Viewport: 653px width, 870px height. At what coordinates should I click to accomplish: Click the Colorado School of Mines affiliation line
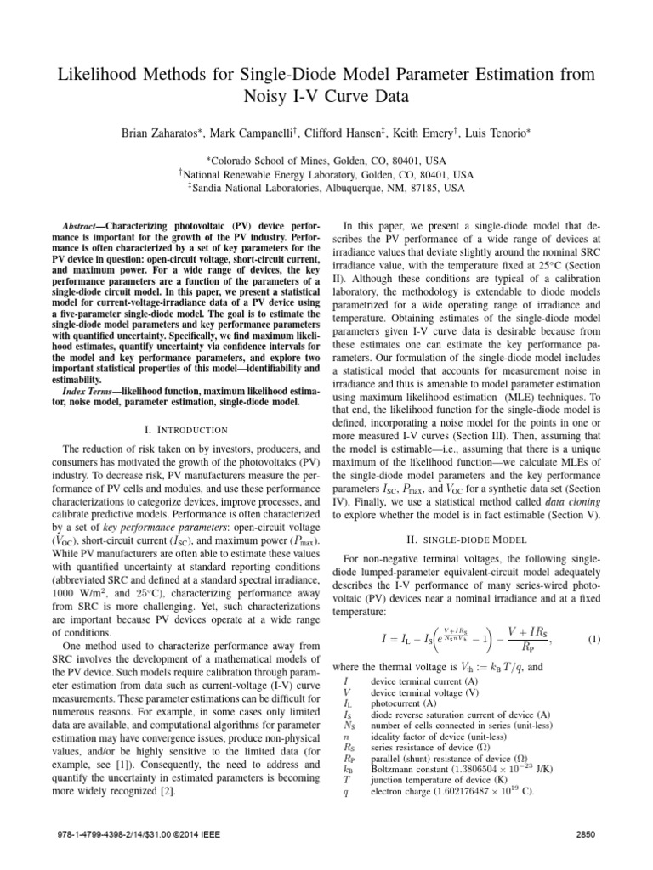coord(326,159)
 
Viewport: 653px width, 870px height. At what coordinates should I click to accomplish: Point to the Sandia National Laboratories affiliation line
coord(326,189)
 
